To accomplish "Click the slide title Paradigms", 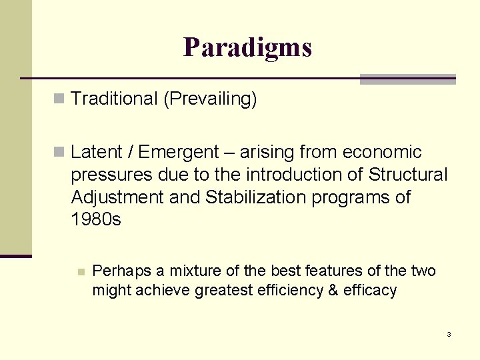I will pos(247,47).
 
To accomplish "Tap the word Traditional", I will pos(113,99).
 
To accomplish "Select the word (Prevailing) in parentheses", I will pos(209,99).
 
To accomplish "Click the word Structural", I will pos(407,175).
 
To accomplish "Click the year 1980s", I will pos(96,219).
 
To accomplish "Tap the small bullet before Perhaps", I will pos(81,271).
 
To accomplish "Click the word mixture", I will pos(193,271).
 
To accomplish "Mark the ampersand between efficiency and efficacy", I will pos(333,290).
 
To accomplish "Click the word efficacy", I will pos(370,290).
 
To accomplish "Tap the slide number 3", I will pos(449,334).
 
